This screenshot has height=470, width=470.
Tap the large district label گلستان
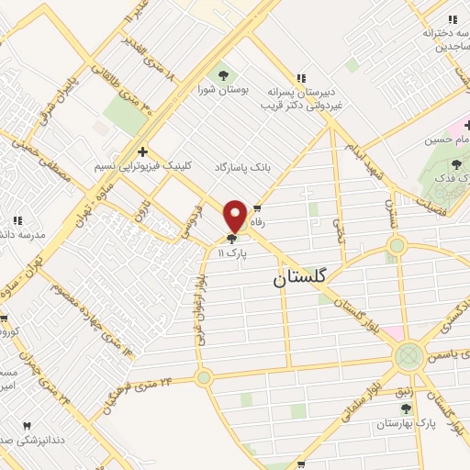(303, 282)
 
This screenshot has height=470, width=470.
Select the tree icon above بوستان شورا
(220, 74)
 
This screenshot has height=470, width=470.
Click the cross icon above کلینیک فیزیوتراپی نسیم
(141, 151)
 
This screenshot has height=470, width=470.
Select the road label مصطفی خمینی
(37, 165)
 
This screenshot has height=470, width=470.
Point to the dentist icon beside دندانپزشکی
(26, 426)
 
